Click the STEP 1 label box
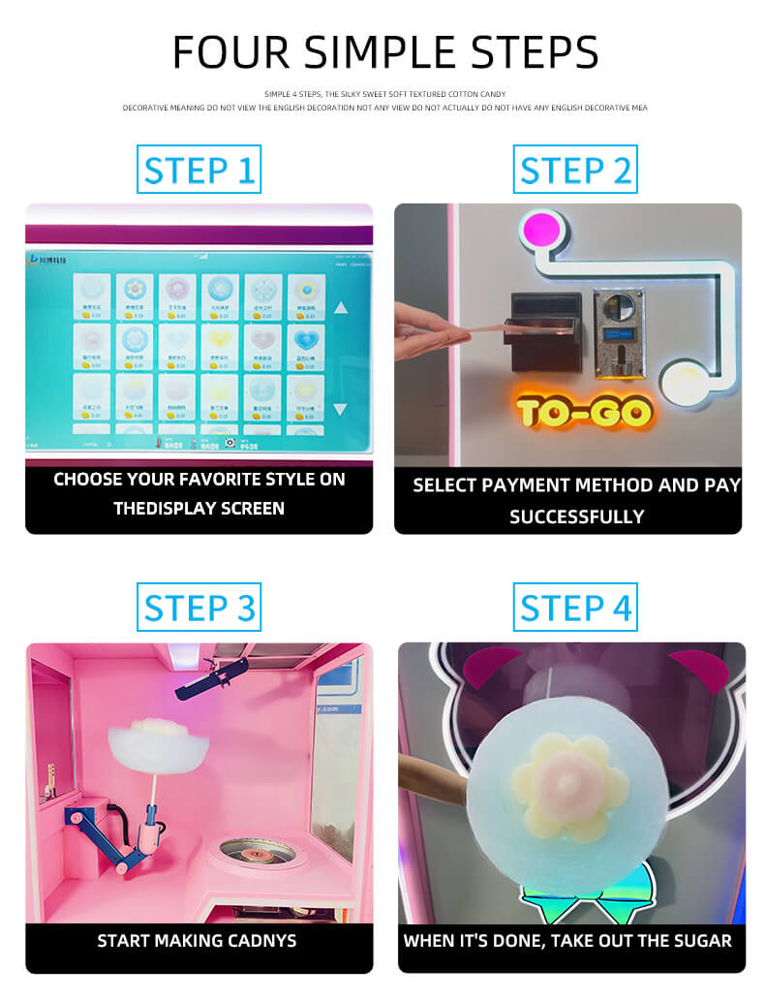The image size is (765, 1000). pos(199,171)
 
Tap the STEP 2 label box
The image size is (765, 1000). pos(575,171)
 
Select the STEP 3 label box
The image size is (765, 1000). pos(199,608)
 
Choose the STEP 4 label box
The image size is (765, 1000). pos(575,608)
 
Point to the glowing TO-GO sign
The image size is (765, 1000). pos(583,411)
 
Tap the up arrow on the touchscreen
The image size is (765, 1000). pos(340,308)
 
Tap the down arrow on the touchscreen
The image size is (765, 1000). pos(340,409)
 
